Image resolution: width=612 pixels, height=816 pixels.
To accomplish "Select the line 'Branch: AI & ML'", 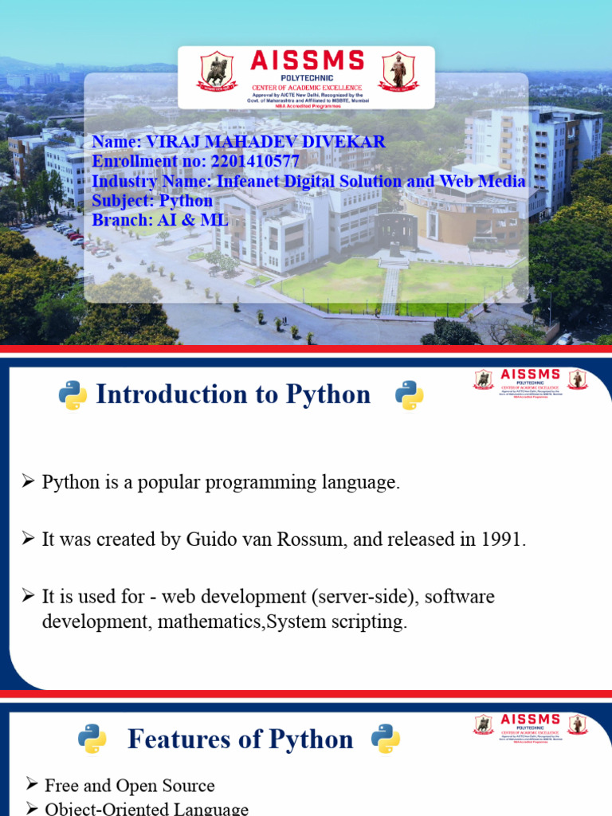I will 159,220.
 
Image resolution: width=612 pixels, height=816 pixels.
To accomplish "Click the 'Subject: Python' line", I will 152,201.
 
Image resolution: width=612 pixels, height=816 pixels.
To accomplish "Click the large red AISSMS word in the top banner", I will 307,61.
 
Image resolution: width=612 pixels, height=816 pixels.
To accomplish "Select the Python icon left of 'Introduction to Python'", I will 73,395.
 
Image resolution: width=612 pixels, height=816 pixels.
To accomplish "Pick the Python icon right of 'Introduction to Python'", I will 410,395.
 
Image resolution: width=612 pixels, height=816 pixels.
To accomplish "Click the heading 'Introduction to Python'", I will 233,394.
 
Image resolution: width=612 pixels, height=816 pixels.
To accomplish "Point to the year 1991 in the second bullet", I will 502,539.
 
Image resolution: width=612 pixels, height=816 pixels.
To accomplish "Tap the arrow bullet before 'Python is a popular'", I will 28,482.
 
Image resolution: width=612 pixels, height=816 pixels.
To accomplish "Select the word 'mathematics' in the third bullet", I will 210,622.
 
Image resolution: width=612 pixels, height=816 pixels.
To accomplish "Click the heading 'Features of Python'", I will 240,739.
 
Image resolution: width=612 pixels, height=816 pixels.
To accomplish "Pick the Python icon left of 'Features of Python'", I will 92,739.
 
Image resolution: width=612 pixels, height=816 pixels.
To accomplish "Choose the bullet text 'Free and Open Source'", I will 129,786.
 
